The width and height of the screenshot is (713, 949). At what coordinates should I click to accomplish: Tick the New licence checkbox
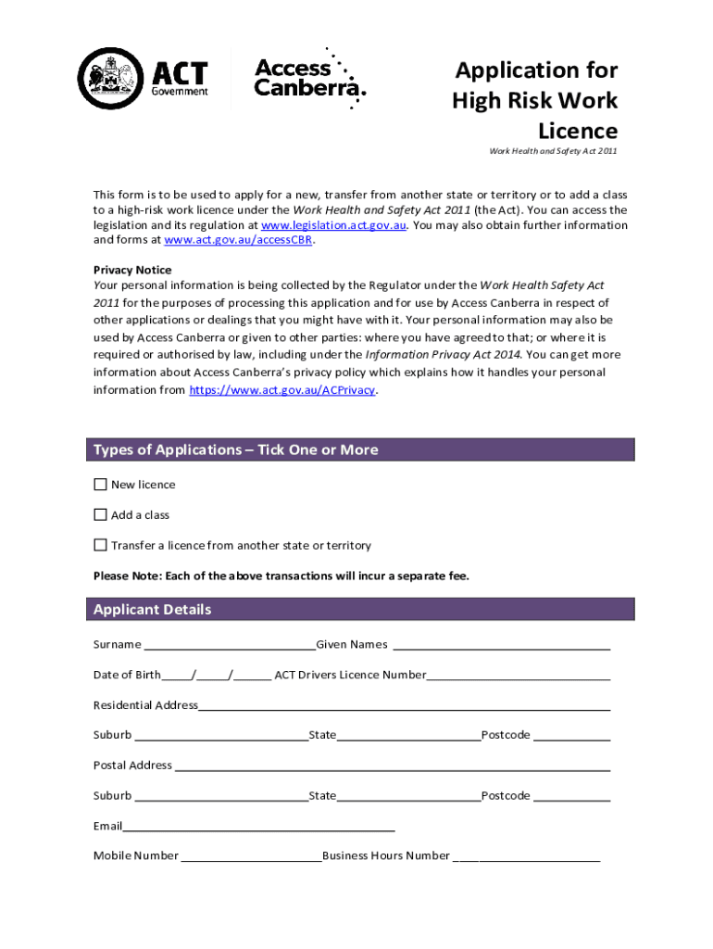100,485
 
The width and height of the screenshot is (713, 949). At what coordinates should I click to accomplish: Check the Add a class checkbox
100,515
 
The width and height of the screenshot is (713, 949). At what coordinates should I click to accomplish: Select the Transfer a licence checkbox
100,545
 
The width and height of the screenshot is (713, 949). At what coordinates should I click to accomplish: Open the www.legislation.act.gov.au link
333,225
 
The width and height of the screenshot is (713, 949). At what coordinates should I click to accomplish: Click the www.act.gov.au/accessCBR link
239,240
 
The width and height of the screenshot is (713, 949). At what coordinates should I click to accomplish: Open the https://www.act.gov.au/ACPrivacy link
281,390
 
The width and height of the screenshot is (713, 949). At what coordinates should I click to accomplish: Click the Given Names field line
501,645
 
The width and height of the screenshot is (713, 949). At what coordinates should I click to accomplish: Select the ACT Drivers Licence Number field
518,676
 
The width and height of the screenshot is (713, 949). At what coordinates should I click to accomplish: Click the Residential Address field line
404,706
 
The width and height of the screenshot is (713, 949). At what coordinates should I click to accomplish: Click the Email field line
258,827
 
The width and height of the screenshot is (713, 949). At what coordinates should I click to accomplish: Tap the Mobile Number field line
251,856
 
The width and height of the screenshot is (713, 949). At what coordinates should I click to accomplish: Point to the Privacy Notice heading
132,270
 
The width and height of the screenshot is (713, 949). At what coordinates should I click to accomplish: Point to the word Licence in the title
577,131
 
